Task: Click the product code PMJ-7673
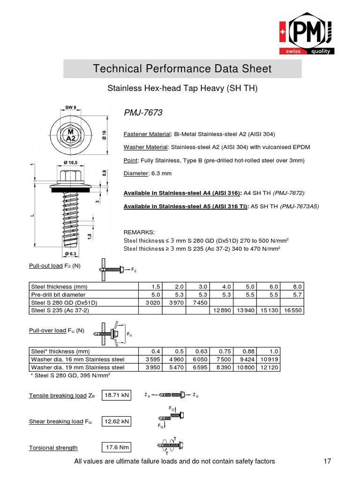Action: pos(143,113)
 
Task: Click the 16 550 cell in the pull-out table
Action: pos(293,310)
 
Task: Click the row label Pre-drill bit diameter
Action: pos(58,294)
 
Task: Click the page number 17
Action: pos(327,462)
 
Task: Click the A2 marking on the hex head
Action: pos(71,138)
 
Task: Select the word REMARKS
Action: pos(138,232)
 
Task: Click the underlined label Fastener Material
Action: pos(144,133)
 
